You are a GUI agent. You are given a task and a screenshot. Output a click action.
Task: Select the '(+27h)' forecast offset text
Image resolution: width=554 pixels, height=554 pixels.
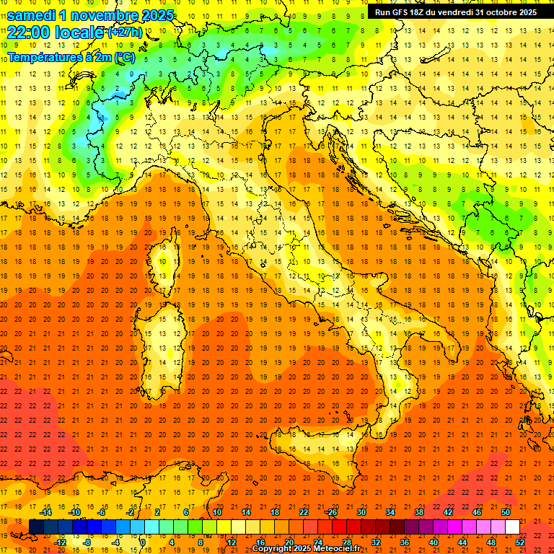125,32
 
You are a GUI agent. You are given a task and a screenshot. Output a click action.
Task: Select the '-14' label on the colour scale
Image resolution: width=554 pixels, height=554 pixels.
45,513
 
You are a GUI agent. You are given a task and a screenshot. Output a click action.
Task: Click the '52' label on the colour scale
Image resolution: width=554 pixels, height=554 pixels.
521,542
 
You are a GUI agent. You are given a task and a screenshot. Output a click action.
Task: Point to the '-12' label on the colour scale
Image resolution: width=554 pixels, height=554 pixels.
60,542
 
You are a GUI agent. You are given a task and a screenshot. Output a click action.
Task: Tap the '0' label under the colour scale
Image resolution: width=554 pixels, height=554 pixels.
143,542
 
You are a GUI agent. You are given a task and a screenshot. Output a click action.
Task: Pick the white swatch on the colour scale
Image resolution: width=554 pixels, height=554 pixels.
512,527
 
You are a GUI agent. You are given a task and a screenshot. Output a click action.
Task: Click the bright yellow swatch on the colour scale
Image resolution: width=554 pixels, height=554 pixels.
224,527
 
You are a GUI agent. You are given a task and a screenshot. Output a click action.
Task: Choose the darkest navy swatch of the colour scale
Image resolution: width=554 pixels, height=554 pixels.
36,527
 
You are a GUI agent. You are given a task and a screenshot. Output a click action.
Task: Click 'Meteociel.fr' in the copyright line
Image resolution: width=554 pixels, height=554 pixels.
346,549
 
